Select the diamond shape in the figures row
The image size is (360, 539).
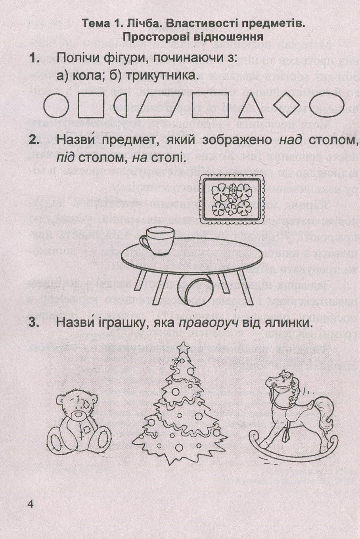pyautogui.click(x=286, y=105)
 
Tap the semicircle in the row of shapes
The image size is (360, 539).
pyautogui.click(x=120, y=105)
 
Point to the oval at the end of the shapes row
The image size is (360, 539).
pyautogui.click(x=327, y=105)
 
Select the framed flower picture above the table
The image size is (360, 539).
pyautogui.click(x=232, y=199)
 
